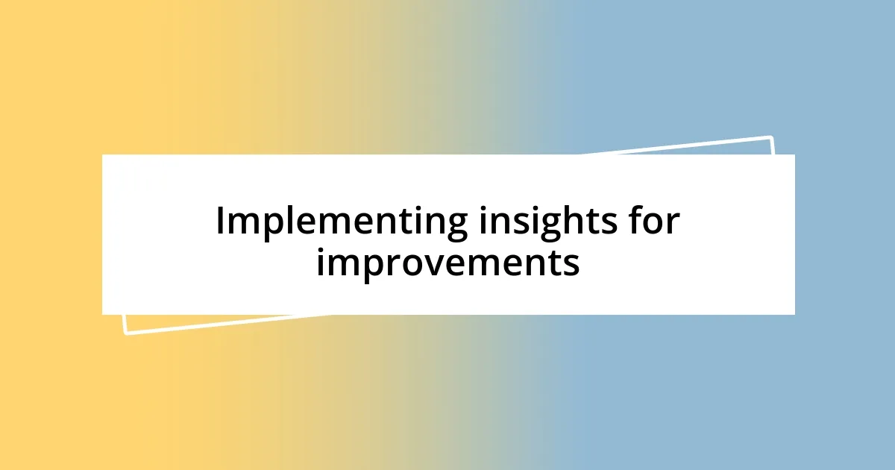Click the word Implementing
[341, 222]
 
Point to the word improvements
[447, 263]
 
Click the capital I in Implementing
[221, 222]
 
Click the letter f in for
[634, 221]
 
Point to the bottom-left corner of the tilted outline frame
[125, 333]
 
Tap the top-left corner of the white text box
[103, 155]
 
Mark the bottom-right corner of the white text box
[794, 314]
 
